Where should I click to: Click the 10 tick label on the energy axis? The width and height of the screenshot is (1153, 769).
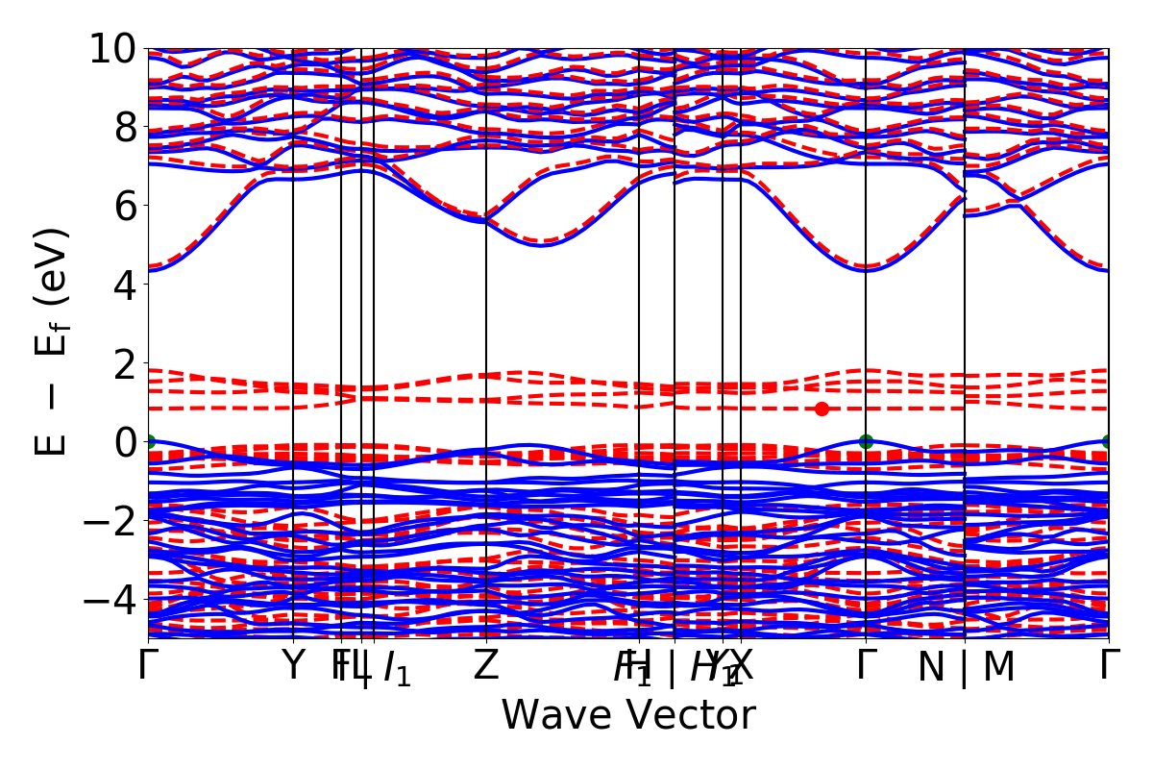tap(113, 48)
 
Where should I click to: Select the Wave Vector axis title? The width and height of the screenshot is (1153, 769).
tap(628, 716)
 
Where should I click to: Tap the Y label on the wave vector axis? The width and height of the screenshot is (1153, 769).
tap(293, 666)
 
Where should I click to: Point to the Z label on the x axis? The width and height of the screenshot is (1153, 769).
tap(486, 666)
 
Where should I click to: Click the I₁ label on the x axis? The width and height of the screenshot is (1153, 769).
tap(396, 668)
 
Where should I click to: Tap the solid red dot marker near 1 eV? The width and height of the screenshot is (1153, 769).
tap(822, 409)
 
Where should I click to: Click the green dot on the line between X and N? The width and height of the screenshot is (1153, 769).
tap(866, 441)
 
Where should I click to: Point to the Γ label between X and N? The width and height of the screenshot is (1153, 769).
tap(867, 666)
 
